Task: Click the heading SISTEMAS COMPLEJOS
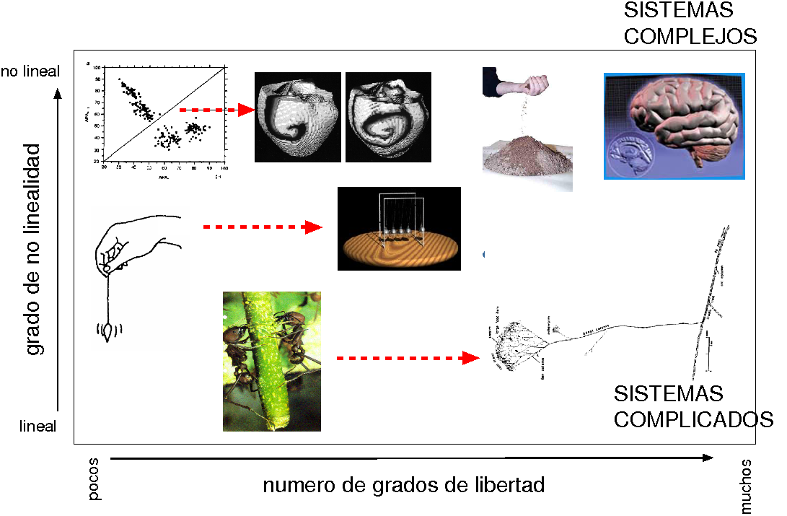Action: (690, 23)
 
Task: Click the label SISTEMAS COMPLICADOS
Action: (693, 406)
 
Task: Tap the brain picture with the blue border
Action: (674, 126)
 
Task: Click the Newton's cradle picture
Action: (399, 229)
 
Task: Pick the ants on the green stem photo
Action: (271, 361)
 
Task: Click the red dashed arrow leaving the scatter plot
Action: (216, 110)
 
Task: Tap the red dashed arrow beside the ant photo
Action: (408, 357)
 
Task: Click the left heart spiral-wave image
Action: (298, 117)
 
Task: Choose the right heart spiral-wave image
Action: (388, 117)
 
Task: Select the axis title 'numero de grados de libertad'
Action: (403, 485)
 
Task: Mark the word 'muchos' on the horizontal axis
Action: (746, 486)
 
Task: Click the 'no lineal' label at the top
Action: (30, 71)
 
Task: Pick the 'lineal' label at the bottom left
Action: (38, 427)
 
